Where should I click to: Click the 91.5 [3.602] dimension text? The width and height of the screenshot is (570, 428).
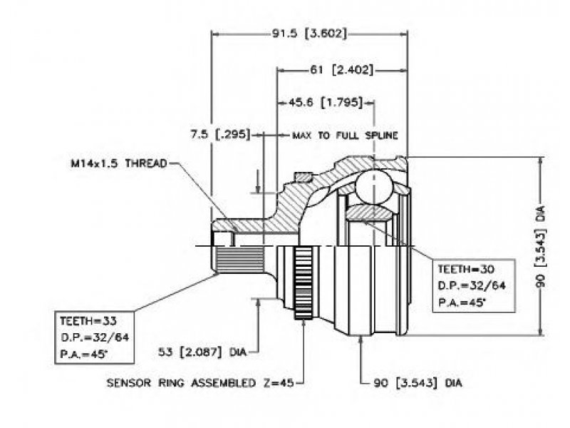(x=309, y=34)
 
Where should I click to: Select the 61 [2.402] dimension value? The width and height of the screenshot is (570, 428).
(x=341, y=69)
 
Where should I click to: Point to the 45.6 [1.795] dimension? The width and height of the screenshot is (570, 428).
(x=326, y=103)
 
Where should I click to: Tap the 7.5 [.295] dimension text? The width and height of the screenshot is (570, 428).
(x=221, y=134)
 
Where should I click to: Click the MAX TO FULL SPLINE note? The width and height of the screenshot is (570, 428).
(x=345, y=136)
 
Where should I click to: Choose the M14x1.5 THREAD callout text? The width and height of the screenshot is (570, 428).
(x=119, y=163)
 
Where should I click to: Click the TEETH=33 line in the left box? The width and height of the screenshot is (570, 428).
(x=88, y=320)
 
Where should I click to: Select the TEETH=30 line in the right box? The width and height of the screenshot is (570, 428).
(x=466, y=270)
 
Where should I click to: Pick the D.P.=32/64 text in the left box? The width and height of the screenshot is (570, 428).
(x=95, y=337)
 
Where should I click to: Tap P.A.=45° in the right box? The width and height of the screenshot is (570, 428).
(x=462, y=302)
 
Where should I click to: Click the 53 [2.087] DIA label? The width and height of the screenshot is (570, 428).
(x=202, y=352)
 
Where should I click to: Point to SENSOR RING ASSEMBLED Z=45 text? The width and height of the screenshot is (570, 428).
(x=200, y=383)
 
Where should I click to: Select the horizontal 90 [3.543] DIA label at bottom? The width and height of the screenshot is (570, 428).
(x=418, y=383)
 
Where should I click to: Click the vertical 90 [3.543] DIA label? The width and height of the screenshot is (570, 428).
(x=541, y=246)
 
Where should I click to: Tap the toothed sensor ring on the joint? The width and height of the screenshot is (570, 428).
(x=304, y=282)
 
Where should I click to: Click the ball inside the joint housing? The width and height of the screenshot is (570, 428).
(x=374, y=185)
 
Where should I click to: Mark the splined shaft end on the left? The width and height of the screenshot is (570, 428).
(x=238, y=259)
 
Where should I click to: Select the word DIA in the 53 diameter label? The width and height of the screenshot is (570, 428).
(x=238, y=352)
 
